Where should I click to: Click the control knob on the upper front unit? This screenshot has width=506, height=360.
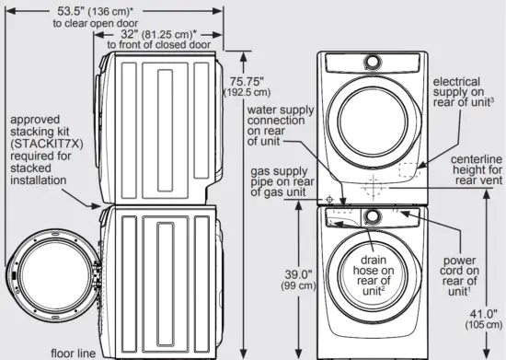[373, 61]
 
